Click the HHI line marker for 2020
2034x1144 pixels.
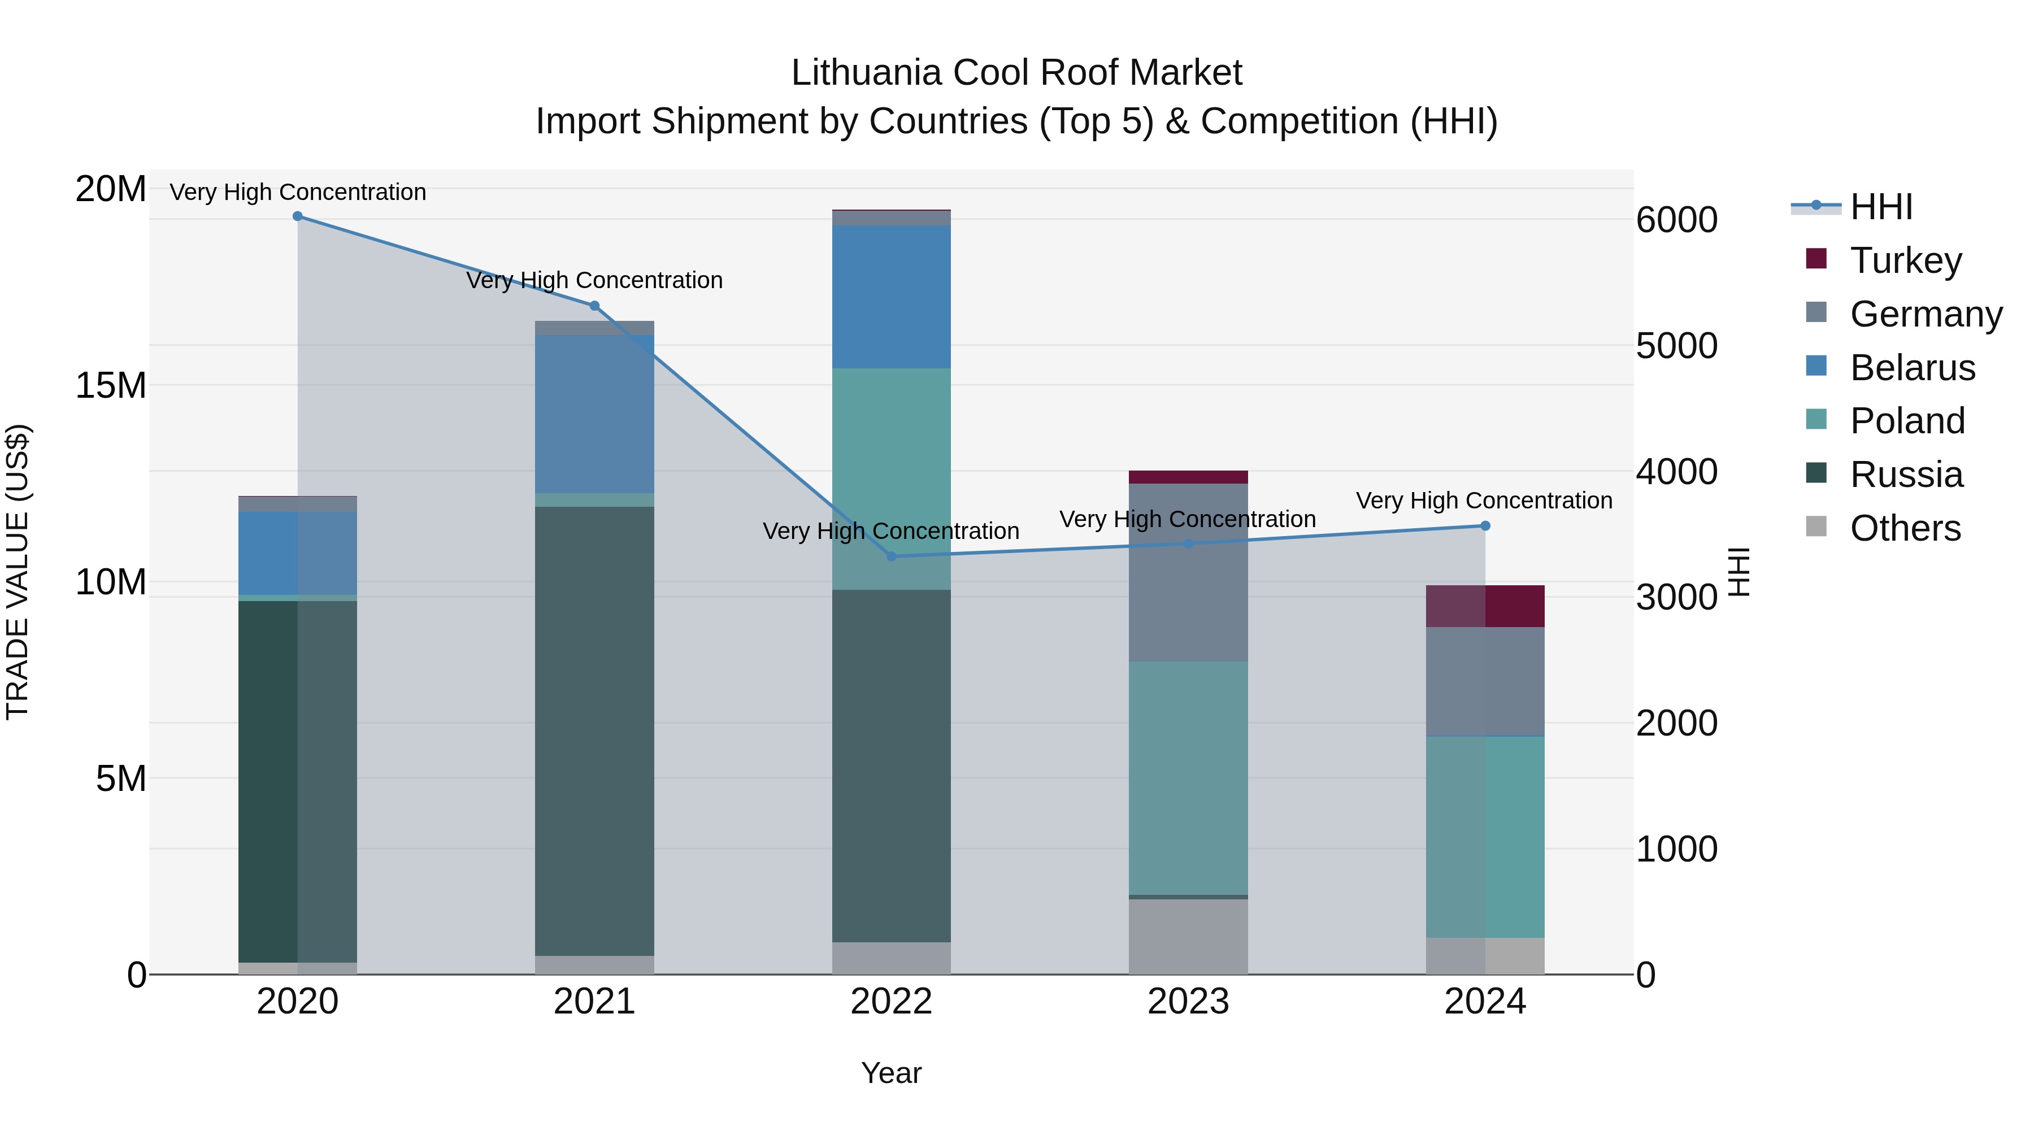[x=298, y=216]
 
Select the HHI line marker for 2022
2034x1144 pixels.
[x=892, y=556]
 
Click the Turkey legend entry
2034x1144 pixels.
[x=1905, y=260]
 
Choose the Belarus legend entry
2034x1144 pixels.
[x=1911, y=368]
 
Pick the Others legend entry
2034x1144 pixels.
[x=1905, y=528]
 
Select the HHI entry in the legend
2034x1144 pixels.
[x=1881, y=207]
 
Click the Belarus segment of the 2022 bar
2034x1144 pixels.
[x=892, y=297]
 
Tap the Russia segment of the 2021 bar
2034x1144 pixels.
[x=594, y=730]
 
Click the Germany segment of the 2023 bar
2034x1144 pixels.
[x=1188, y=572]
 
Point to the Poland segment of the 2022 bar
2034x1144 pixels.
[x=892, y=479]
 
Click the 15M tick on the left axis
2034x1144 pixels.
[x=111, y=385]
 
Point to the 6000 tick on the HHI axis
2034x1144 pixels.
[x=1676, y=220]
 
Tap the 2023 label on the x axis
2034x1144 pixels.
[x=1188, y=1002]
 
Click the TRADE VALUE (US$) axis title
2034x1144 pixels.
[x=18, y=572]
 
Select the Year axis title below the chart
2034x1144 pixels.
[x=892, y=1073]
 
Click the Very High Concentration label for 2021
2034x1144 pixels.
[x=594, y=280]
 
